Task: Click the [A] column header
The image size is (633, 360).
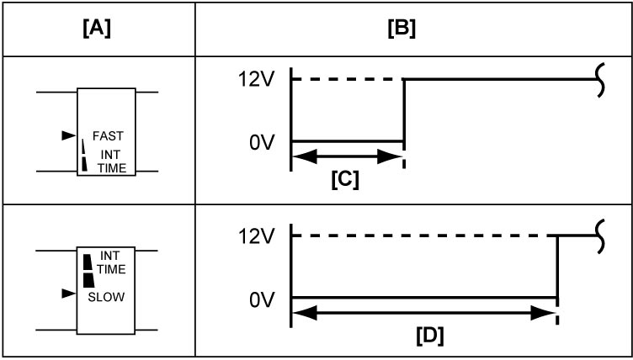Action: tap(97, 30)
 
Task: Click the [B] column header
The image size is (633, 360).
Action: tap(402, 30)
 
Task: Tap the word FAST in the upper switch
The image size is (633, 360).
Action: tap(108, 136)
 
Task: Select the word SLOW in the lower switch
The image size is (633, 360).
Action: tap(106, 297)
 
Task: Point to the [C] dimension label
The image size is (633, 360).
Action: tap(345, 180)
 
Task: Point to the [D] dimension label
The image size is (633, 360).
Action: tap(430, 336)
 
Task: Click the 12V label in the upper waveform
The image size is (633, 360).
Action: tap(256, 80)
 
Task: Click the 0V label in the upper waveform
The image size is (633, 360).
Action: tap(262, 143)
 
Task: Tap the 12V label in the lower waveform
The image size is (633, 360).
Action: tap(256, 237)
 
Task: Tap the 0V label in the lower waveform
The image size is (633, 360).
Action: tap(262, 300)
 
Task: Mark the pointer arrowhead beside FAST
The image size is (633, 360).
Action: tap(69, 135)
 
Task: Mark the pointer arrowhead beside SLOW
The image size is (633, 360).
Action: tap(69, 294)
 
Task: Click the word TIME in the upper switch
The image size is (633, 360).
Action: tap(111, 168)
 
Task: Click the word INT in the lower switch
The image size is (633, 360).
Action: tap(109, 256)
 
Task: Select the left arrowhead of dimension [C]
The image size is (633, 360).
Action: tap(305, 156)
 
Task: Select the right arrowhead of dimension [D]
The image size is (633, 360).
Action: tap(544, 313)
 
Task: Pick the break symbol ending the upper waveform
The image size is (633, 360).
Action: tap(601, 80)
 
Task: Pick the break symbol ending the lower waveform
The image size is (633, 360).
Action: tap(601, 236)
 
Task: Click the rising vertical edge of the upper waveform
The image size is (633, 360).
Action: tap(404, 110)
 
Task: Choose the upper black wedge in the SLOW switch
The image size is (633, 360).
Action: tap(88, 262)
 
